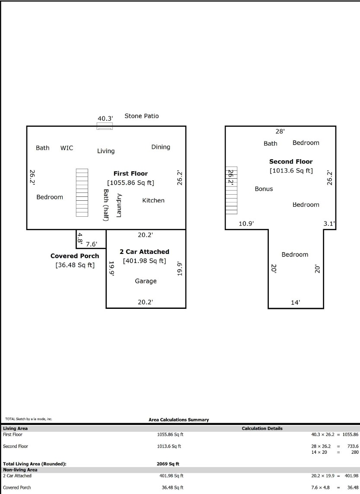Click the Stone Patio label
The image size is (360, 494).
coord(142,116)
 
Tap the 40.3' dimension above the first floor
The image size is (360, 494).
coord(105,119)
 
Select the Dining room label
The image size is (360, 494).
coord(161,147)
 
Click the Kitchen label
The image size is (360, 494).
coord(153,200)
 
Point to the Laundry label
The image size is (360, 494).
coord(119,205)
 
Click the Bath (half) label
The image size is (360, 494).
coord(106,205)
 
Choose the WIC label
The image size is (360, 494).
coord(67,148)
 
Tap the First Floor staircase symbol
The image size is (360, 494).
coord(82,192)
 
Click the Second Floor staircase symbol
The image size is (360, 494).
coord(231,191)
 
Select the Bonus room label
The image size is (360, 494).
coord(264,189)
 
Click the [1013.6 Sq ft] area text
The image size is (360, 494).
coord(291,171)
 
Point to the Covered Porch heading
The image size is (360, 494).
coord(75,256)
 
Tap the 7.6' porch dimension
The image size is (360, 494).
coord(92,244)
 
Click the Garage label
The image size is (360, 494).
coord(146,281)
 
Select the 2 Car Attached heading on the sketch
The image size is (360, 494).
coord(144,252)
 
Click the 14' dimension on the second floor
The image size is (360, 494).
coord(296,302)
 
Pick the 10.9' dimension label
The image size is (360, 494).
coord(246,224)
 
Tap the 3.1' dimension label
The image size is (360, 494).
coord(329,224)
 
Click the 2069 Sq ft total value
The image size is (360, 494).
coord(168,464)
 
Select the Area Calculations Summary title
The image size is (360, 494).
coord(179,420)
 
